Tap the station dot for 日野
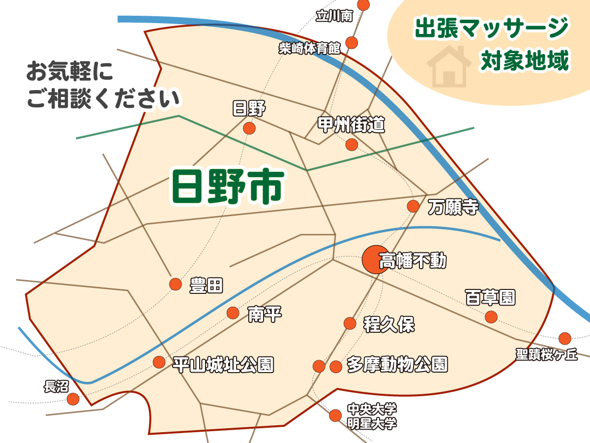click(249, 128)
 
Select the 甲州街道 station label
click(351, 126)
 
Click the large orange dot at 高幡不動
click(374, 259)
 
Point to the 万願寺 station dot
click(413, 206)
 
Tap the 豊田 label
click(206, 285)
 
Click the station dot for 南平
click(233, 313)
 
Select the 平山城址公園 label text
click(223, 365)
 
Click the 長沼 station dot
click(73, 399)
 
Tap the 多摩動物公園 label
click(397, 365)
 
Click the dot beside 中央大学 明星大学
click(335, 415)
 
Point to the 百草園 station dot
click(491, 316)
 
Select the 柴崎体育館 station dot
click(352, 42)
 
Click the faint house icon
click(447, 65)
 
